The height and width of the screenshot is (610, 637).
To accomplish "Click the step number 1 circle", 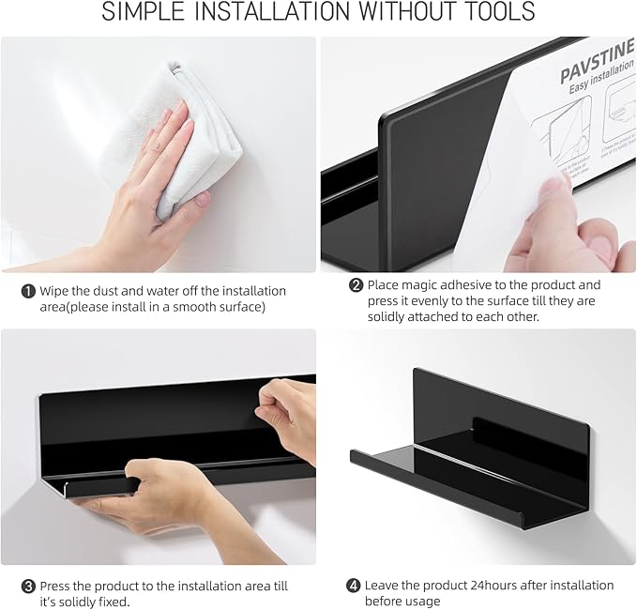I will tap(28, 291).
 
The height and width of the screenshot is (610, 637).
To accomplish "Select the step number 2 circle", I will tap(356, 285).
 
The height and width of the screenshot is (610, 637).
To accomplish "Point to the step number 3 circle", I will tap(28, 586).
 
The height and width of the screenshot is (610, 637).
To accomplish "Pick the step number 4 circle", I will tap(353, 586).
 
